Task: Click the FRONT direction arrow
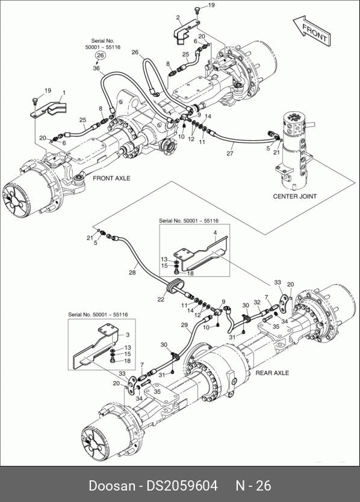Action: pyautogui.click(x=312, y=31)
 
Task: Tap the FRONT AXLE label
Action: pyautogui.click(x=111, y=178)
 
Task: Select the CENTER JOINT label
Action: pyautogui.click(x=294, y=196)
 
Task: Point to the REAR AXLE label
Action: pyautogui.click(x=272, y=373)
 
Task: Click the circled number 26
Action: pyautogui.click(x=101, y=55)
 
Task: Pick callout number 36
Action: pyautogui.click(x=96, y=68)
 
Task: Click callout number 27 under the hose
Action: pyautogui.click(x=230, y=153)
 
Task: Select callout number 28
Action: pyautogui.click(x=132, y=273)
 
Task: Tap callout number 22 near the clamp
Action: pyautogui.click(x=161, y=299)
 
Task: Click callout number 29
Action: pyautogui.click(x=184, y=325)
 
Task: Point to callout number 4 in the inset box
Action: pyautogui.click(x=216, y=233)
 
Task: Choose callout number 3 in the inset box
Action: pyautogui.click(x=128, y=335)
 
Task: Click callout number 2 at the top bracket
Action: pyautogui.click(x=178, y=17)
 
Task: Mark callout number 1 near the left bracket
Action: pyautogui.click(x=64, y=93)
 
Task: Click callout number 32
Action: pyautogui.click(x=257, y=302)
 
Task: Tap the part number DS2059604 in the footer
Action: pyautogui.click(x=182, y=486)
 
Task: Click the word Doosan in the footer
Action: pyautogui.click(x=112, y=486)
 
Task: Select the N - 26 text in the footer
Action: pyautogui.click(x=253, y=486)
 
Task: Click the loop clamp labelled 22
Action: pyautogui.click(x=175, y=286)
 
